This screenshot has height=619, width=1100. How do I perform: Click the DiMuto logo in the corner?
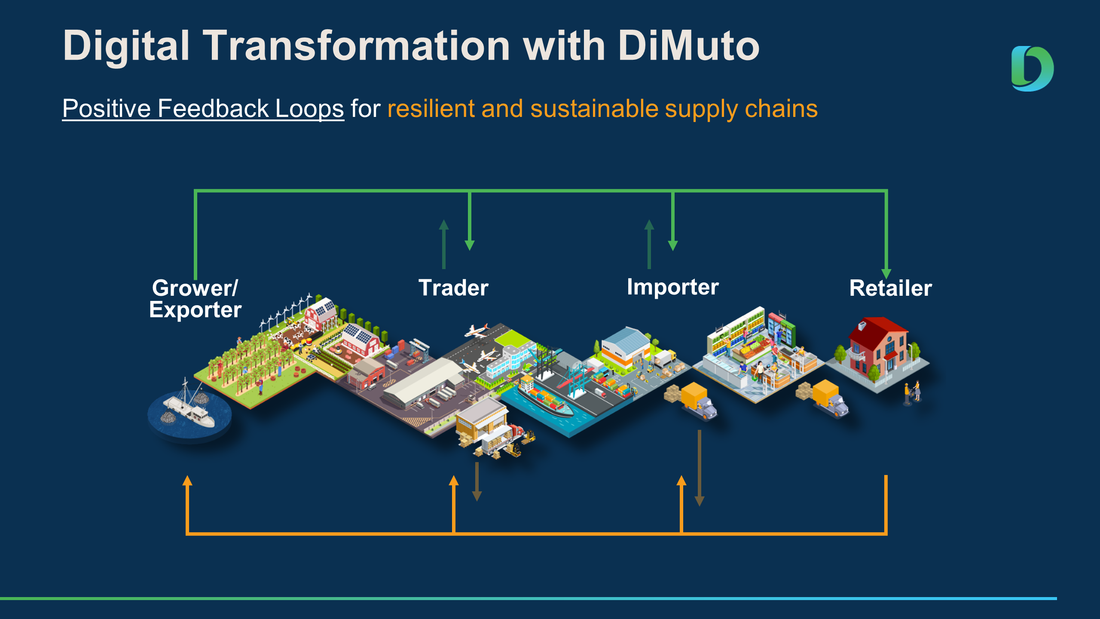pos(1033,69)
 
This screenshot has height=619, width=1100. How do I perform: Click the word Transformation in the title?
pos(356,46)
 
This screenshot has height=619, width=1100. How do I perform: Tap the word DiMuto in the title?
pos(689,46)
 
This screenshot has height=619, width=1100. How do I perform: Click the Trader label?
pos(453,288)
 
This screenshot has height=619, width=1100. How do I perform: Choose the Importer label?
pos(672,287)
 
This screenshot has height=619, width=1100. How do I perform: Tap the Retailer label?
pos(890,288)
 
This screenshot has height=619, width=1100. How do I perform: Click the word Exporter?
pos(196,310)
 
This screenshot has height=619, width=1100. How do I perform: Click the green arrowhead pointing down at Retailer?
pos(886,274)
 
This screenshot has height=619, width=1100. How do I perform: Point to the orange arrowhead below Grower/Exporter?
pos(187,480)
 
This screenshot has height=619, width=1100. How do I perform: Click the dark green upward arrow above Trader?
pos(444,244)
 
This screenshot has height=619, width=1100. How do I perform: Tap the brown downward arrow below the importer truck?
pos(700,468)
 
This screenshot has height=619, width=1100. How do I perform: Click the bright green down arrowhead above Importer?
pos(673,245)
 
